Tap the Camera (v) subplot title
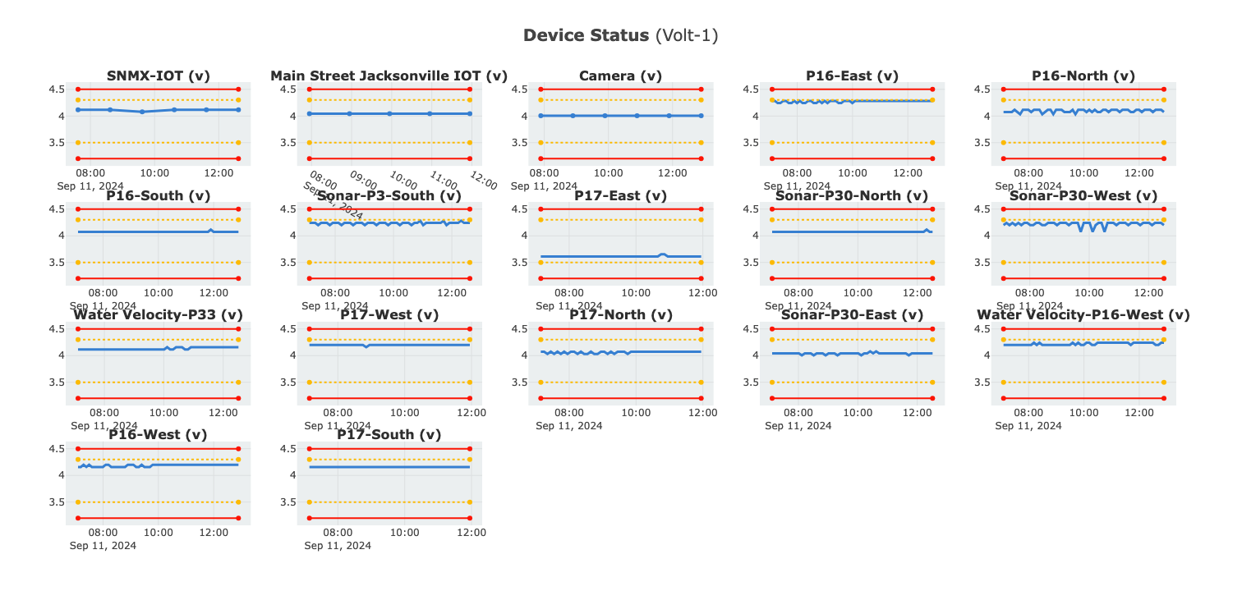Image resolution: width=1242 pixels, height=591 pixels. click(620, 76)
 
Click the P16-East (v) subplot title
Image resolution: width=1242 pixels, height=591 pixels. click(852, 76)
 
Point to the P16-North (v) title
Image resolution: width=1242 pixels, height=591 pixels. click(1083, 76)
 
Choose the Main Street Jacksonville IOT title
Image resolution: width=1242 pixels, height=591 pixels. click(389, 76)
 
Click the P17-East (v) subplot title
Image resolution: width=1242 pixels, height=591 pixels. click(620, 196)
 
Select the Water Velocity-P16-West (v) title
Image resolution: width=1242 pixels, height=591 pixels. click(1083, 315)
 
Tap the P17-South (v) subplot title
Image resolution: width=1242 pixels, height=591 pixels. click(389, 435)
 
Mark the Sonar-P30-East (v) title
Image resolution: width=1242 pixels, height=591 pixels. click(852, 315)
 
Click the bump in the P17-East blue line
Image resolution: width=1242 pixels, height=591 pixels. click(663, 254)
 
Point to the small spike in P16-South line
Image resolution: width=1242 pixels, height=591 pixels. click(210, 230)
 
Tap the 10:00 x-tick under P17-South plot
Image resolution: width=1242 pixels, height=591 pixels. click(404, 533)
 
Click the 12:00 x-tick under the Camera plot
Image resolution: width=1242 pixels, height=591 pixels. click(673, 173)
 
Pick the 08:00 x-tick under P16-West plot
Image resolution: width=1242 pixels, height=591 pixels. click(103, 533)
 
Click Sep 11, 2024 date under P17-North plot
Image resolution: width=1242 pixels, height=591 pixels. click(568, 426)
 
